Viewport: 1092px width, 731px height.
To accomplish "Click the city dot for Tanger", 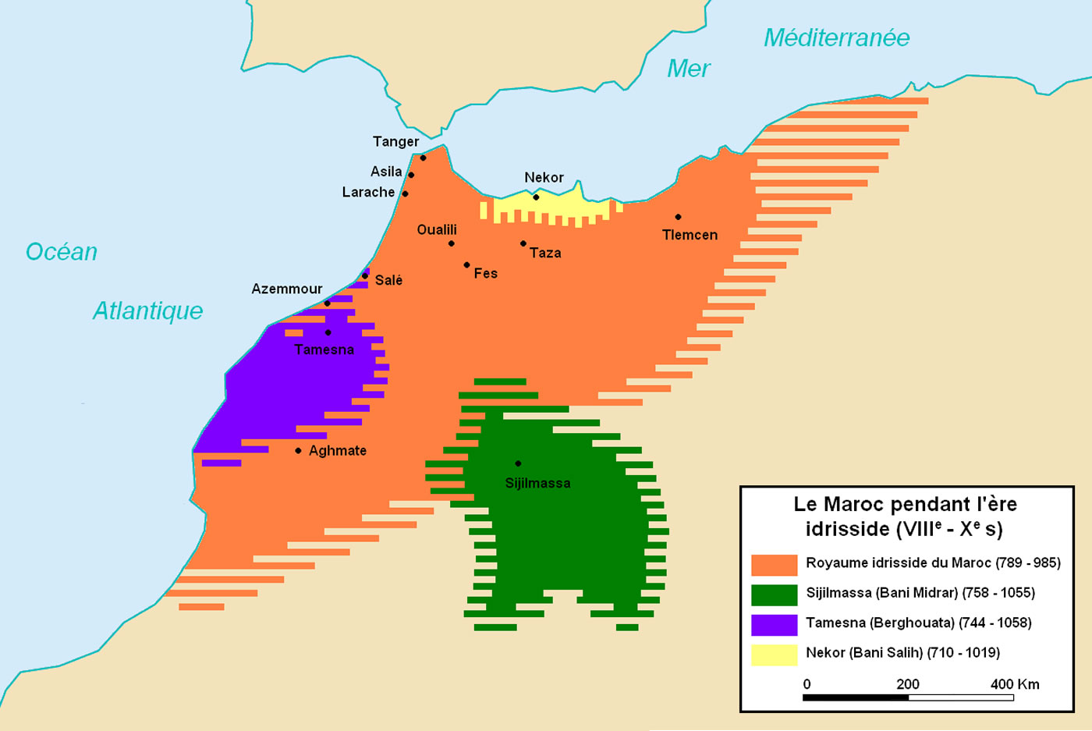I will [423, 158].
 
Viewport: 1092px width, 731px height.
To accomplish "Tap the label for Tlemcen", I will [690, 235].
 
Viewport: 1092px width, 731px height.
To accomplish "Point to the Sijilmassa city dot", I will [518, 463].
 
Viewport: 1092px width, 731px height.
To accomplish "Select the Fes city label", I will [485, 273].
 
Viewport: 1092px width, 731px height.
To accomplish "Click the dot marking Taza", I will [523, 243].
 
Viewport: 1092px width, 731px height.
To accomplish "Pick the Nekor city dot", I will [536, 197].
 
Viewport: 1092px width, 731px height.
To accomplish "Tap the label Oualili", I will [437, 229].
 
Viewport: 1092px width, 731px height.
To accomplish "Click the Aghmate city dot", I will [298, 451].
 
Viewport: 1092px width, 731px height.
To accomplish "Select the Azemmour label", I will [286, 289].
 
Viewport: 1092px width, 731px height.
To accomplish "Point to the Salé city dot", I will [364, 275].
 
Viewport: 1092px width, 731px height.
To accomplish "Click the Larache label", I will [368, 192].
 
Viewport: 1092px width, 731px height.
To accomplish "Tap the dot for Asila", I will [411, 175].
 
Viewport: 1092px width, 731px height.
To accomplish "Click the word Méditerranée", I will [836, 37].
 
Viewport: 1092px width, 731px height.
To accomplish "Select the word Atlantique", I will [147, 310].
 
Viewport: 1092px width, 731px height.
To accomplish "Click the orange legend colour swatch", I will [774, 564].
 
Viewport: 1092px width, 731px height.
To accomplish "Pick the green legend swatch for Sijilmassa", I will [774, 594].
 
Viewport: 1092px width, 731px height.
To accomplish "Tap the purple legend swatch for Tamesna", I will [774, 624].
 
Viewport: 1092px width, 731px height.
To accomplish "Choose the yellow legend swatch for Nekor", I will [774, 654].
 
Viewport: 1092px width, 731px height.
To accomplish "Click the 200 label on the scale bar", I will [907, 684].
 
